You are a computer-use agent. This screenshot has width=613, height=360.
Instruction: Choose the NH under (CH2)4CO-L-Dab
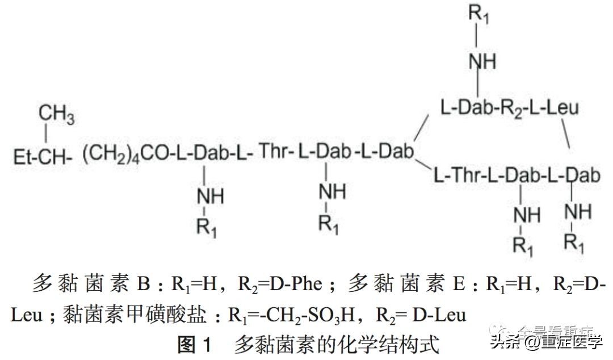point(211,196)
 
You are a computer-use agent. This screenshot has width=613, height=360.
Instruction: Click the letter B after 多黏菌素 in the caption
point(140,283)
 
